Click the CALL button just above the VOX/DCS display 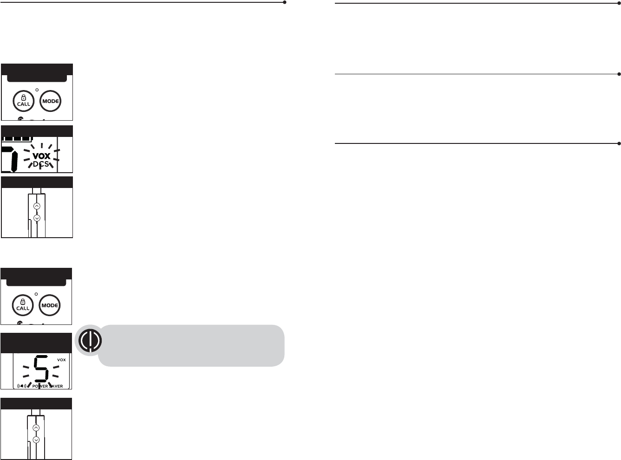click(23, 101)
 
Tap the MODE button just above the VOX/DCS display click(50, 101)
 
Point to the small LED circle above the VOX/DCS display click(37, 90)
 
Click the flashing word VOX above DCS click(41, 156)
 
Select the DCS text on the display click(41, 164)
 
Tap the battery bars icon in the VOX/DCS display click(17, 138)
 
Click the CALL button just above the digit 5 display click(23, 305)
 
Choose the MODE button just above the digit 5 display click(50, 305)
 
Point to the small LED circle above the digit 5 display click(37, 294)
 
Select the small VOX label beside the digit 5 click(61, 360)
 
